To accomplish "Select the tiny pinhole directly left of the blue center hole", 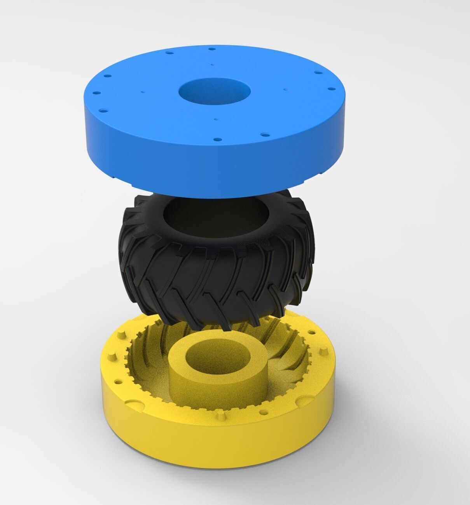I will [143, 93].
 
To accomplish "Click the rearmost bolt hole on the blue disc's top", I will [211, 49].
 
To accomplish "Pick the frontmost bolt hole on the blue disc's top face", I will [217, 138].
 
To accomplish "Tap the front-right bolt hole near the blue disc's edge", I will [264, 135].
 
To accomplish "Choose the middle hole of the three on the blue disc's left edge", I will [94, 93].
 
